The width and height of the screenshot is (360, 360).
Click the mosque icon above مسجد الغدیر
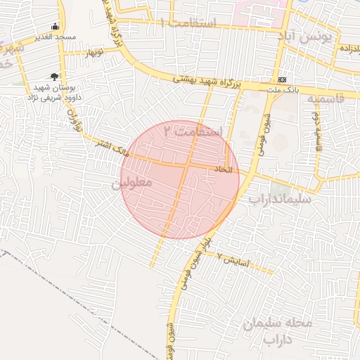tap(56, 26)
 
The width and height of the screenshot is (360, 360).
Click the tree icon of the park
tap(54, 77)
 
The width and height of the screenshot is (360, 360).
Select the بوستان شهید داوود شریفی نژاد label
tap(56, 92)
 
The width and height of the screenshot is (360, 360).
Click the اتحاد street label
tap(221, 170)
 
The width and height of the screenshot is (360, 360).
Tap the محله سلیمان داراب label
tap(276, 331)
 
